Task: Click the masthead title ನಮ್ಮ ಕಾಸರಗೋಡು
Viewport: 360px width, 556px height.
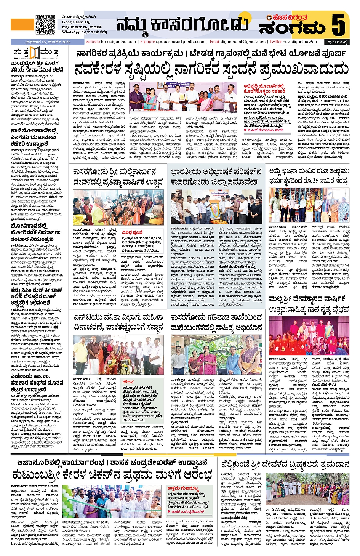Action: pos(183,25)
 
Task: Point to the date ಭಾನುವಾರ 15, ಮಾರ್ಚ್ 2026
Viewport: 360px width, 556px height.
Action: pos(48,42)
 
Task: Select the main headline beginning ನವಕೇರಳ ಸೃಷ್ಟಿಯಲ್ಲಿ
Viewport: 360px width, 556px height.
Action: pos(211,69)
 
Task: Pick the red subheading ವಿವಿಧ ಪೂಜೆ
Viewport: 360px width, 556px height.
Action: pos(132,232)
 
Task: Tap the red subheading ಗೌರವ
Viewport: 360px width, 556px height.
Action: pos(128,381)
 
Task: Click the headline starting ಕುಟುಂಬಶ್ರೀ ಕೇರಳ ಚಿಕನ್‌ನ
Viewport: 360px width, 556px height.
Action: pos(112,475)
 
